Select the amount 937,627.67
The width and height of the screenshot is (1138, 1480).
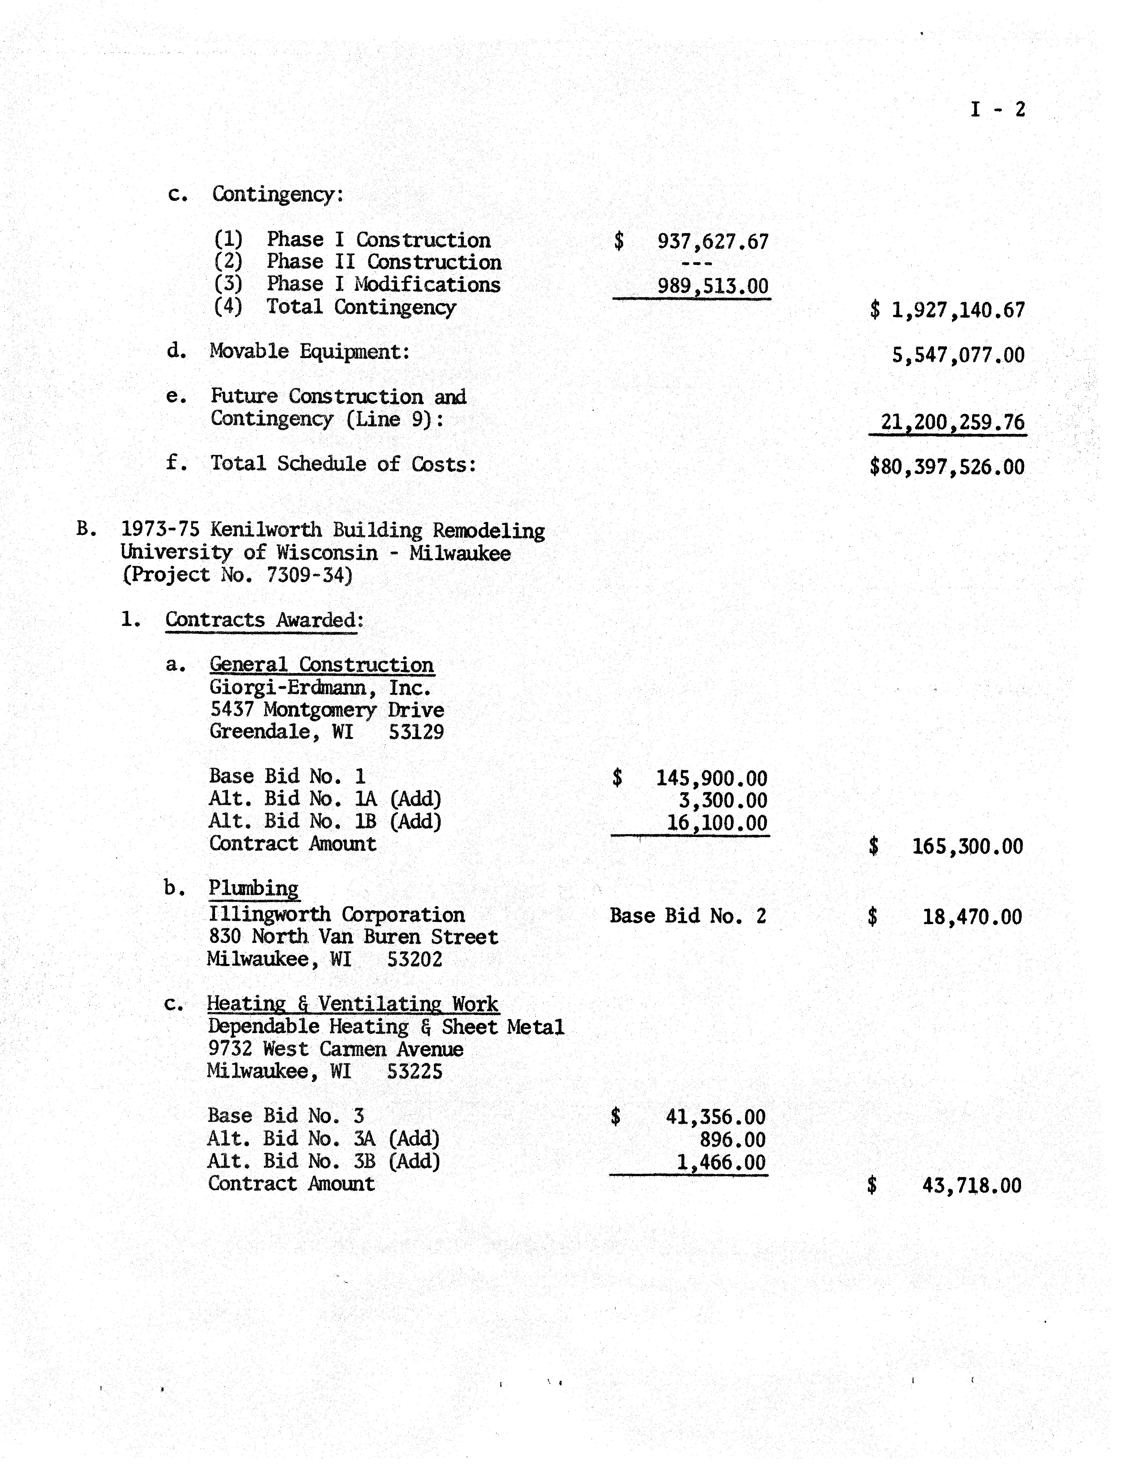(x=713, y=242)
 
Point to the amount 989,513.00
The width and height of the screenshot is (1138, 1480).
(x=713, y=286)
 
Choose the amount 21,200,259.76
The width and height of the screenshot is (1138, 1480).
(x=952, y=422)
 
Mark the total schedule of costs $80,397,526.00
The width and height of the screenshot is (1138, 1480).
(x=947, y=467)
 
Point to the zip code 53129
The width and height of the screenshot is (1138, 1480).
(x=416, y=732)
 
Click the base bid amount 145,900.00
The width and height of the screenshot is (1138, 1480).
(x=711, y=778)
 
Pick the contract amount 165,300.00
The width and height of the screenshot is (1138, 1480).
(x=967, y=846)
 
